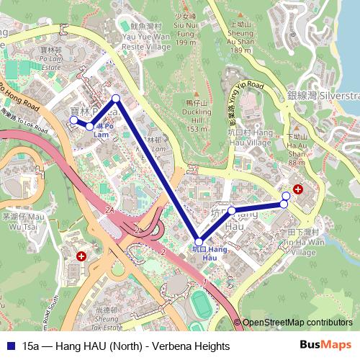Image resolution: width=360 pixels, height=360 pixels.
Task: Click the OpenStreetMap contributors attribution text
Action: pyautogui.click(x=297, y=323)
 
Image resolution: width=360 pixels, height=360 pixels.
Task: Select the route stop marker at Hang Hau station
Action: pyautogui.click(x=199, y=241)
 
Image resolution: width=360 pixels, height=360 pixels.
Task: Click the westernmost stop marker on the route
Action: pyautogui.click(x=73, y=120)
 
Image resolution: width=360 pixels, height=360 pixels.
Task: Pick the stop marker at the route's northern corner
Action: pyautogui.click(x=116, y=98)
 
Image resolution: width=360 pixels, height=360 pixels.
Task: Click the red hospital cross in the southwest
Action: pyautogui.click(x=81, y=256)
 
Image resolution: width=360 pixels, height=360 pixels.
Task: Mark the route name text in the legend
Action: pyautogui.click(x=126, y=346)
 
